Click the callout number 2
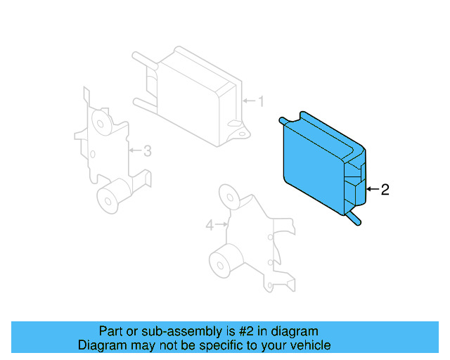click(x=384, y=189)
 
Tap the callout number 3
click(x=147, y=150)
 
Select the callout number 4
click(x=210, y=225)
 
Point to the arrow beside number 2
click(x=373, y=189)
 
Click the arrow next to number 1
click(x=248, y=102)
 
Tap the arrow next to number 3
click(x=135, y=150)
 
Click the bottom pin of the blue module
click(x=354, y=220)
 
